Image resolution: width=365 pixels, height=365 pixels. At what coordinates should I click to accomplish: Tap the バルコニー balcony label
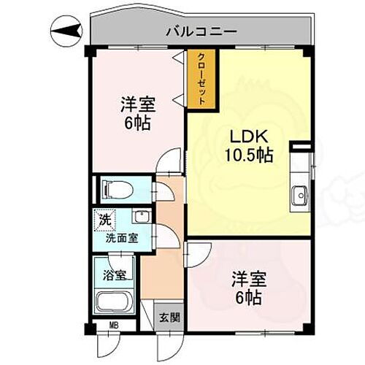click(x=199, y=31)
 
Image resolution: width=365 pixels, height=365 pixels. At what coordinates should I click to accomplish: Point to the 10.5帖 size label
click(x=247, y=155)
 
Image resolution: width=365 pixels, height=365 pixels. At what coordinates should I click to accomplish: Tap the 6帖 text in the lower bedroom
click(x=248, y=297)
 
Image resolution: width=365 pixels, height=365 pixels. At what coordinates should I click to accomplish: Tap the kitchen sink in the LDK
click(x=299, y=196)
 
